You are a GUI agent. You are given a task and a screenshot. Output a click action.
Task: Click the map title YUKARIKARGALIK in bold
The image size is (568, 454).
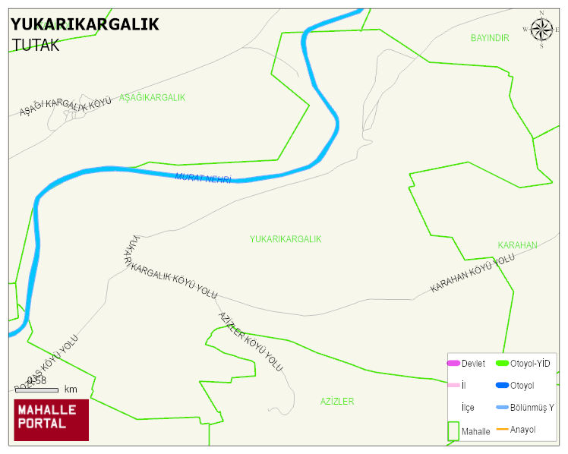pyautogui.click(x=85, y=24)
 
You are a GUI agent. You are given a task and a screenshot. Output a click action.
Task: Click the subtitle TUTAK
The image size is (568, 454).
pyautogui.click(x=36, y=45)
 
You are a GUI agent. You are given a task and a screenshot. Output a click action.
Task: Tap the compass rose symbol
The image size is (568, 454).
pyautogui.click(x=541, y=30)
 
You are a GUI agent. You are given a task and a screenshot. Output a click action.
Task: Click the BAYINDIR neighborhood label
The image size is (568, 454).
pyautogui.click(x=490, y=38)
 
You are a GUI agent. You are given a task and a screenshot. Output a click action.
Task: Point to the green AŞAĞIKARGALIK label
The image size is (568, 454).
pyautogui.click(x=152, y=98)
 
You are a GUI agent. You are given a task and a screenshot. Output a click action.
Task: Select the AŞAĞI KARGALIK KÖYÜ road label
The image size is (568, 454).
pyautogui.click(x=65, y=106)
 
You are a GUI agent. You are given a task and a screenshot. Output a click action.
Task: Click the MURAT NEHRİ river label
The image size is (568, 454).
pyautogui.click(x=203, y=178)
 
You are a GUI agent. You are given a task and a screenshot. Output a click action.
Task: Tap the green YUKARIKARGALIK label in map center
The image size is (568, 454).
pyautogui.click(x=286, y=239)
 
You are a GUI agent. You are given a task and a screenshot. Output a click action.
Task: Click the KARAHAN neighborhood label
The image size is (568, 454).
pyautogui.click(x=517, y=245)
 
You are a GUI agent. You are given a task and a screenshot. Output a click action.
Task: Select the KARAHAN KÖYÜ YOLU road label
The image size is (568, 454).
pyautogui.click(x=472, y=274)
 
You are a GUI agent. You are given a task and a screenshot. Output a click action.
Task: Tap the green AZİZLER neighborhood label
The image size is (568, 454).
pyautogui.click(x=336, y=402)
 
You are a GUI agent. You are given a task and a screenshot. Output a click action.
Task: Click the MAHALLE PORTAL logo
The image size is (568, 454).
pyautogui.click(x=52, y=420)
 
